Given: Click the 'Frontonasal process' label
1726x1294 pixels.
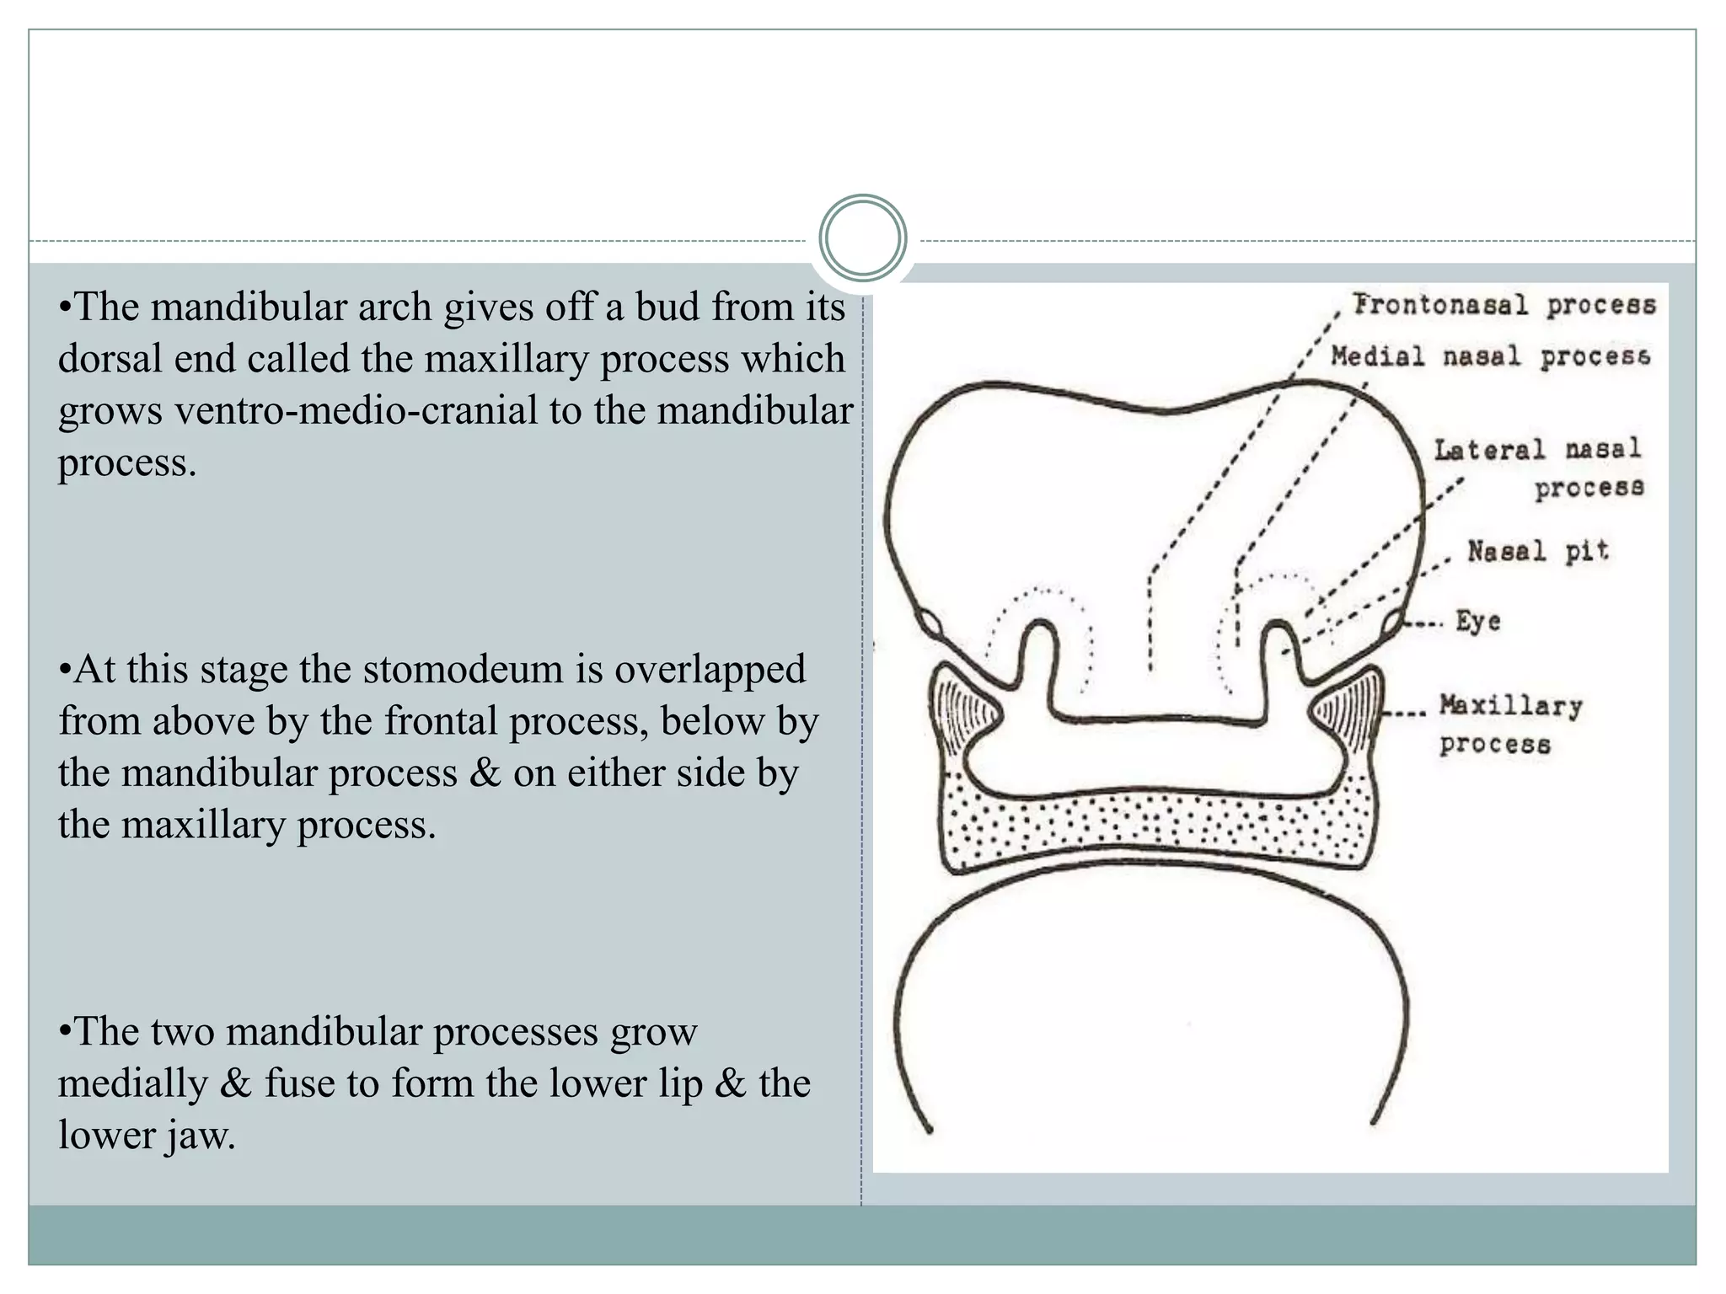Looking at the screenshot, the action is [1504, 305].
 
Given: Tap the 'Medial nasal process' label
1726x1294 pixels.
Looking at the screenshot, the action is [1490, 356].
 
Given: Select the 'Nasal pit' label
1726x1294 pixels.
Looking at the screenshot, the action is [1538, 551].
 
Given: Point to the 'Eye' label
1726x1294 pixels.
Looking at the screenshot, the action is [1478, 622].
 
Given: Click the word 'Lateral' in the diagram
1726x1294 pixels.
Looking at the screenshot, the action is [1490, 450].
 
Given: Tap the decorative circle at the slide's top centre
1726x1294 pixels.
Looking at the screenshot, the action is [862, 238].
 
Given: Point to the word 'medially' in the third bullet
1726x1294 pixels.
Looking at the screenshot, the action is [132, 1083].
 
